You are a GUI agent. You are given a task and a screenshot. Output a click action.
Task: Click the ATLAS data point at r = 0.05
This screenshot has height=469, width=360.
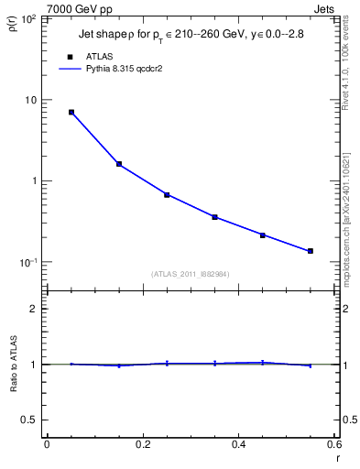71,113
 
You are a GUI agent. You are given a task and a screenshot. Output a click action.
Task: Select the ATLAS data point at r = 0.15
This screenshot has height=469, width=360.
119,164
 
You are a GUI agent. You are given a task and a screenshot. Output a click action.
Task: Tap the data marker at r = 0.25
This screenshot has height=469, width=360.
167,195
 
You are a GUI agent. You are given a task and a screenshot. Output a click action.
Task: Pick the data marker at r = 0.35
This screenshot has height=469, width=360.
214,217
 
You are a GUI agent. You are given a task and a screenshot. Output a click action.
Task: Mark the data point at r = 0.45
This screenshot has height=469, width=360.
262,235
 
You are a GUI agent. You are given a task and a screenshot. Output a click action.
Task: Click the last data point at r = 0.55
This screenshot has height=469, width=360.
311,251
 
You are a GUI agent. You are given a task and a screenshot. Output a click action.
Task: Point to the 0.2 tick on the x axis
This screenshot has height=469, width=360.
142,444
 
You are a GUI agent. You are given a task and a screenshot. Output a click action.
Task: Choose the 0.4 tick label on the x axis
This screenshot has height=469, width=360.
238,444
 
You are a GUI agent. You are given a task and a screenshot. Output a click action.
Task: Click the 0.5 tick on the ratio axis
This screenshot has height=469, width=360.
29,420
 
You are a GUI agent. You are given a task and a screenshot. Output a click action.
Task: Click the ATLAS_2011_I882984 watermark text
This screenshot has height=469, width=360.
191,274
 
